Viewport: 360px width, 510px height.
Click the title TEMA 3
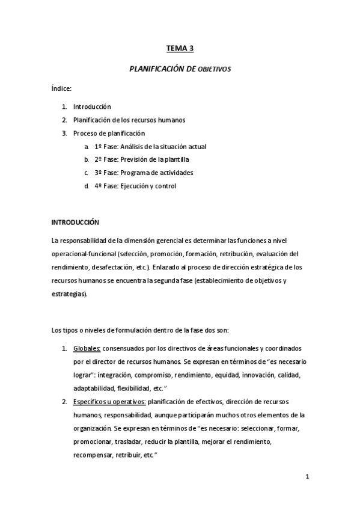point(180,50)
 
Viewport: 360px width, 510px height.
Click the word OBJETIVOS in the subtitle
point(215,70)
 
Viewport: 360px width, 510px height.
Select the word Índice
point(62,89)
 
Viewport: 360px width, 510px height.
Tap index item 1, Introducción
point(92,106)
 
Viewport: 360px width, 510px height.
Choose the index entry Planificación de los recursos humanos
point(129,120)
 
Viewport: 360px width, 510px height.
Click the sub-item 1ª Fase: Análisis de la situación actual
point(150,146)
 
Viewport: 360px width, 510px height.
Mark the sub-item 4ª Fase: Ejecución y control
point(135,186)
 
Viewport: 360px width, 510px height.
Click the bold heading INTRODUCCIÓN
point(75,222)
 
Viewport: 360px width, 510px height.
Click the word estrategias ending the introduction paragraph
point(69,293)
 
